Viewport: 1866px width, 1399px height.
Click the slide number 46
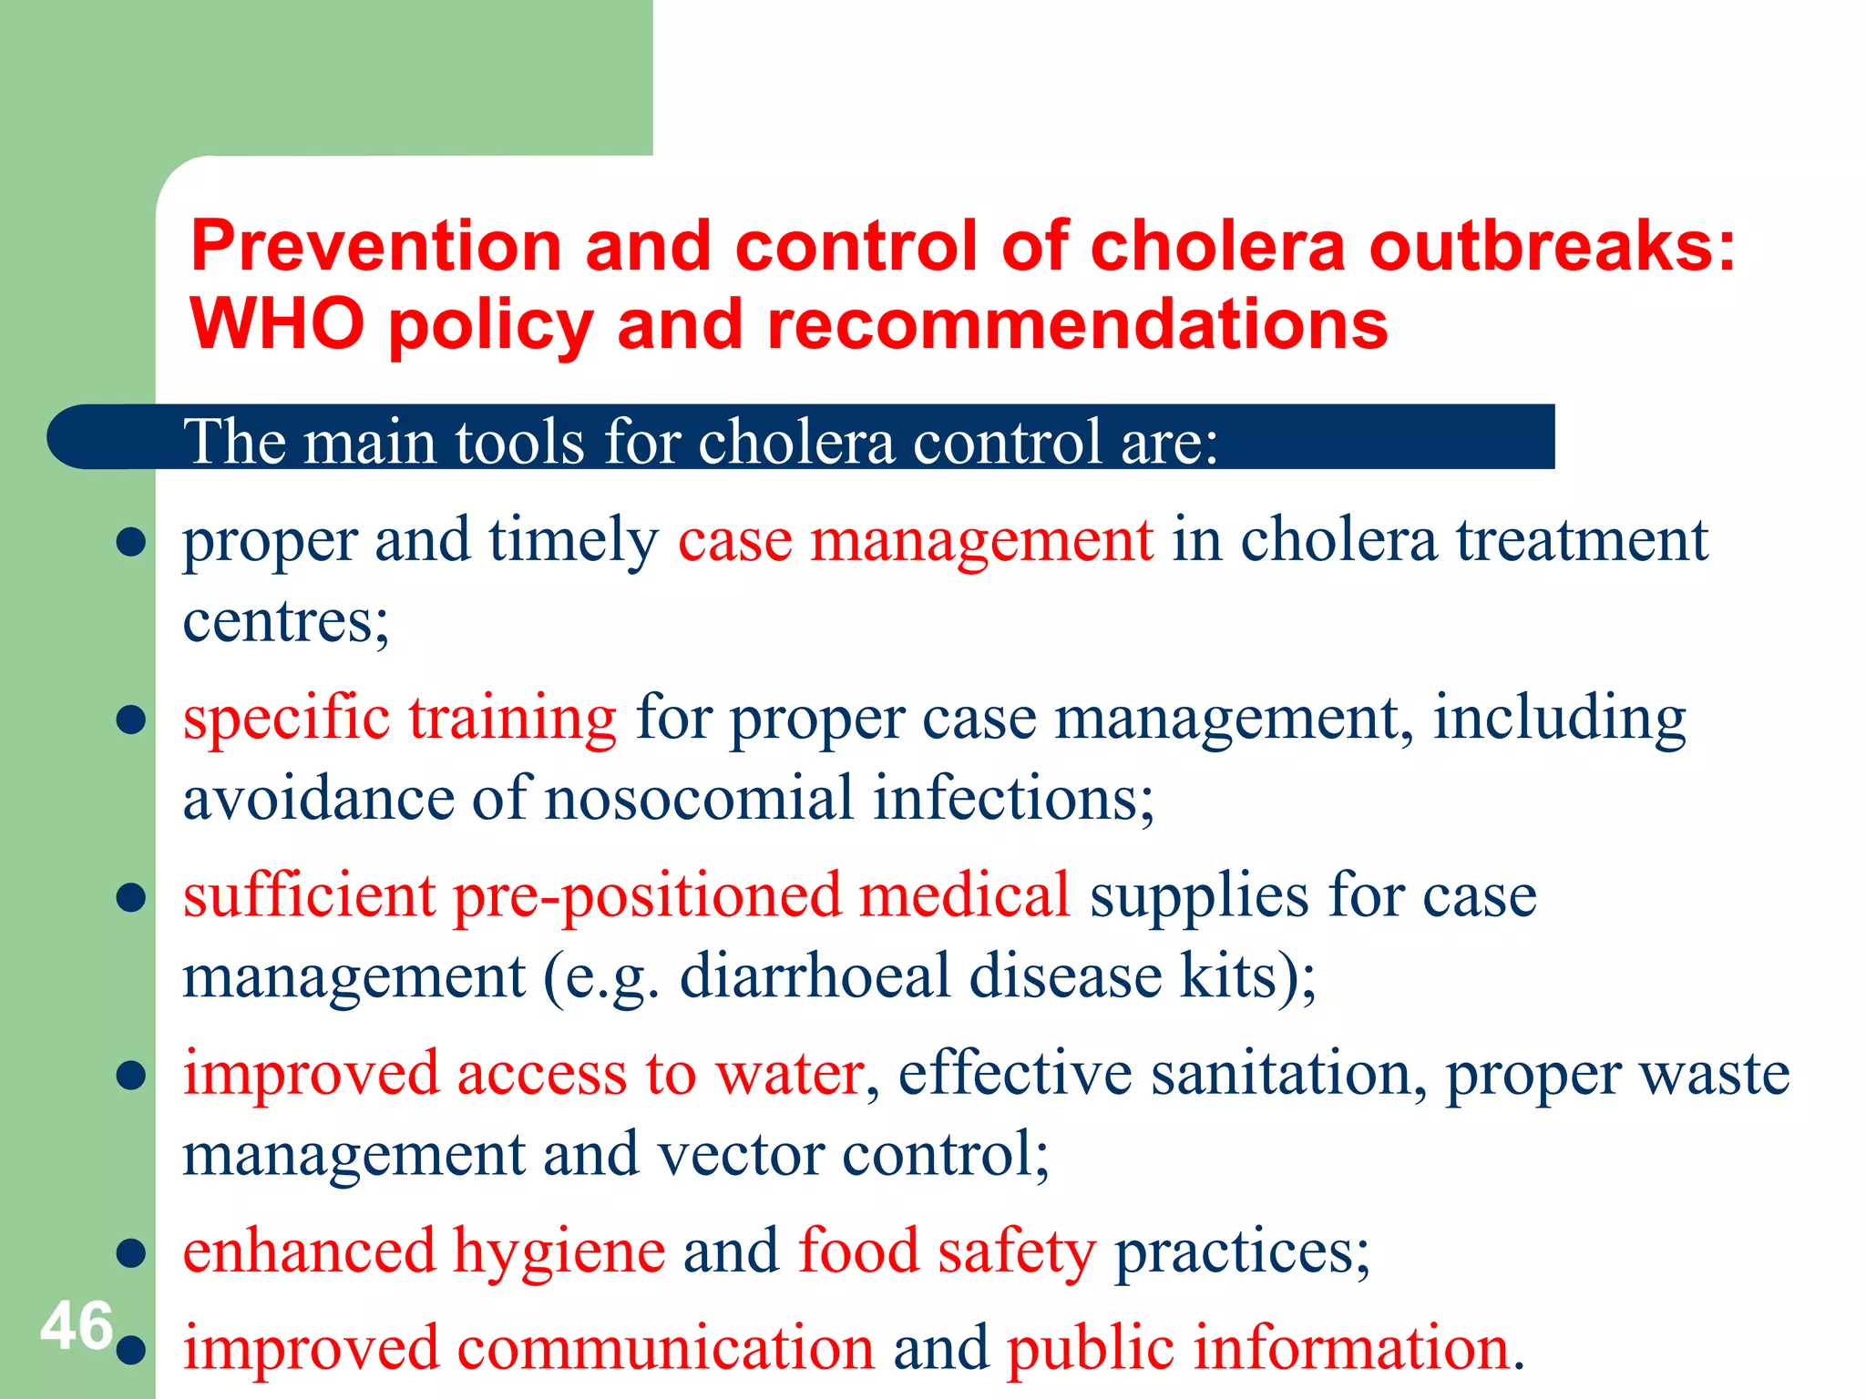[x=77, y=1326]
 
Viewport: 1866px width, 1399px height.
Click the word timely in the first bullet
[x=573, y=541]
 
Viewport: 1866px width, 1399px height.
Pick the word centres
[x=285, y=621]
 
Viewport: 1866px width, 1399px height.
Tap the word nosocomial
[x=699, y=798]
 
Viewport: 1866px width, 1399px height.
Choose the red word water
[x=789, y=1074]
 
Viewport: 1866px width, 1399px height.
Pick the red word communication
[x=665, y=1349]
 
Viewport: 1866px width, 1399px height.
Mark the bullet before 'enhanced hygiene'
[x=132, y=1253]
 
